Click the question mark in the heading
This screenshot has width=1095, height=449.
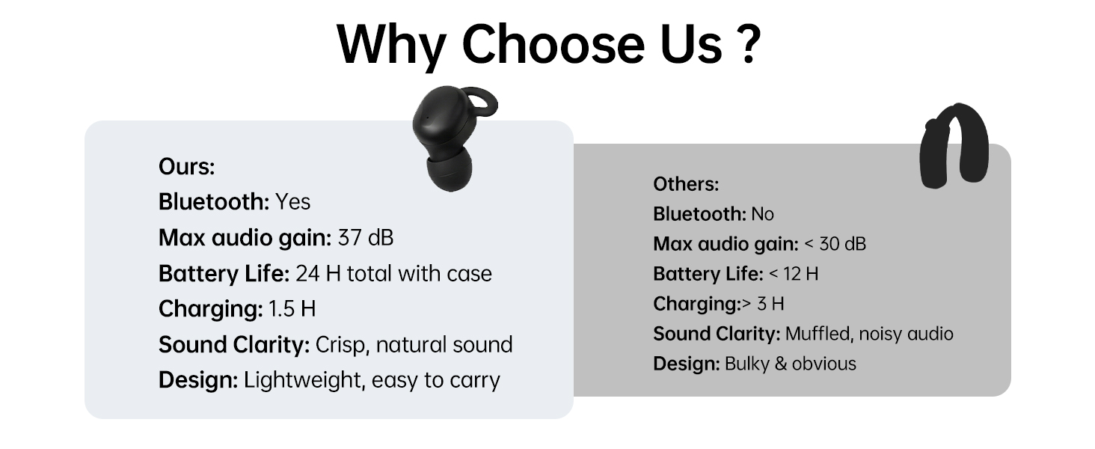click(744, 44)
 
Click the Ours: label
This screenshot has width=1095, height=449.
click(186, 167)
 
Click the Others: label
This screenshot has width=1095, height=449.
click(685, 184)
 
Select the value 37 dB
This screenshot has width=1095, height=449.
click(365, 238)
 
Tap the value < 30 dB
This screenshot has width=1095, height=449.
click(835, 244)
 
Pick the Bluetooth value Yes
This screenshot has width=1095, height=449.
click(292, 202)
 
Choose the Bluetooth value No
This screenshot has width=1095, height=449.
click(762, 214)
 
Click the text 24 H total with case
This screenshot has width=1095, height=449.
click(393, 274)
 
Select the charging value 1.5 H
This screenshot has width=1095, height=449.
click(292, 309)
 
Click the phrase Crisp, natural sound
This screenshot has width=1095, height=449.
click(414, 345)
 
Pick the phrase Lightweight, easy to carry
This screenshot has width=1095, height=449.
click(372, 380)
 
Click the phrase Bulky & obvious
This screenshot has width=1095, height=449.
click(790, 364)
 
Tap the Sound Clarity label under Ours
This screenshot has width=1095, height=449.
click(233, 345)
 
